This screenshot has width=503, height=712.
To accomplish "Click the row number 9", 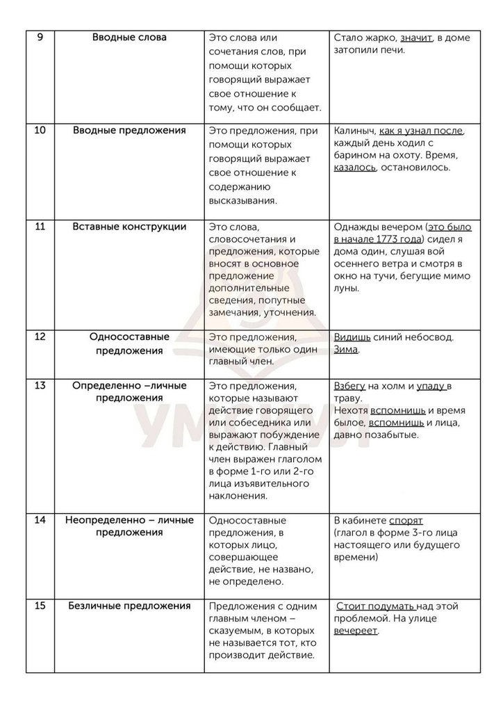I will (x=39, y=38).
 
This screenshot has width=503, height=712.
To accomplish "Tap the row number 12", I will (x=40, y=337).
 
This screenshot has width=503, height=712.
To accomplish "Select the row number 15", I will (x=40, y=606).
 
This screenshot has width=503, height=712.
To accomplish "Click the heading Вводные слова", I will (x=129, y=38).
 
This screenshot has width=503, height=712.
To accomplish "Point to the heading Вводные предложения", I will (x=129, y=131).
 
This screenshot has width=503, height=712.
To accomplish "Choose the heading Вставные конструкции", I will (x=129, y=227).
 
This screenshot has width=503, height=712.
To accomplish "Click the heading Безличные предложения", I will (x=129, y=606).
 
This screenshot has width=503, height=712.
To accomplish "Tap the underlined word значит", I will (x=414, y=38).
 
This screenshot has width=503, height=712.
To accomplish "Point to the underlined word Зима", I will (x=346, y=350).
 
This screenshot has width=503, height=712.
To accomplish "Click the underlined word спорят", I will (x=406, y=520).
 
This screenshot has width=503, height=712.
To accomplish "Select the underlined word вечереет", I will (x=357, y=631).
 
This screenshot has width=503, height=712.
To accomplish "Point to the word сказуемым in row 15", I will (x=236, y=631).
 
